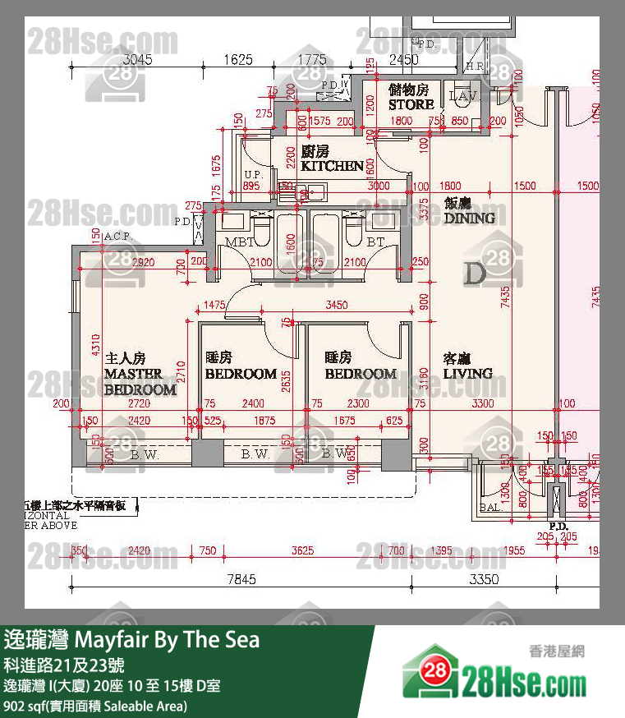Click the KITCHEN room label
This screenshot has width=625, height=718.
coord(332,165)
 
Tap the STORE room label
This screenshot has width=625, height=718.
coord(411,104)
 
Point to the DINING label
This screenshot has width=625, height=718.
coord(469,218)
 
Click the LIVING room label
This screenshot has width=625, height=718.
coord(467,373)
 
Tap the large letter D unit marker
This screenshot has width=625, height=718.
coord(475,273)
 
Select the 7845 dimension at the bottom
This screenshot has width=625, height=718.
coord(241,579)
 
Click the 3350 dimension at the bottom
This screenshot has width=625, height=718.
coord(484,579)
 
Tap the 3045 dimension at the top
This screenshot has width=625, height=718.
coord(137,59)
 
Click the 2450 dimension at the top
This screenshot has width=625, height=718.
coord(403,59)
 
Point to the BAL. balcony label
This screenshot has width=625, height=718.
coord(490,508)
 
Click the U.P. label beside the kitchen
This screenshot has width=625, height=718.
coord(252,174)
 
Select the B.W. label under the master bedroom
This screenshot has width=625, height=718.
coord(145,453)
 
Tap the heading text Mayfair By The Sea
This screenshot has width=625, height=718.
coord(167,639)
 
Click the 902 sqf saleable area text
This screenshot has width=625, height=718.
coord(96,706)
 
